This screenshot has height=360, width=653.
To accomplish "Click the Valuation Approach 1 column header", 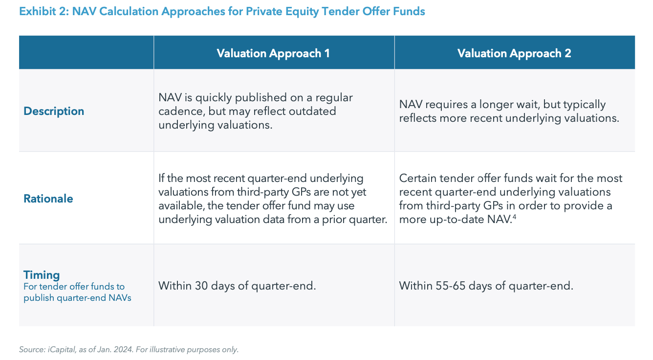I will [x=273, y=53].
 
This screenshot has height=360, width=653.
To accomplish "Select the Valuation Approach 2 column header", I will [x=514, y=53].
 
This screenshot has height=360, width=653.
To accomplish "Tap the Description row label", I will [x=54, y=111].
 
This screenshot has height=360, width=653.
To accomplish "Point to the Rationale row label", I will [x=48, y=199].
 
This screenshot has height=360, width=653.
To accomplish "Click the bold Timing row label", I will [x=42, y=275].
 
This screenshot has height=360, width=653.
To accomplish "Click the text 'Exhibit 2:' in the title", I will [x=43, y=11].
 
